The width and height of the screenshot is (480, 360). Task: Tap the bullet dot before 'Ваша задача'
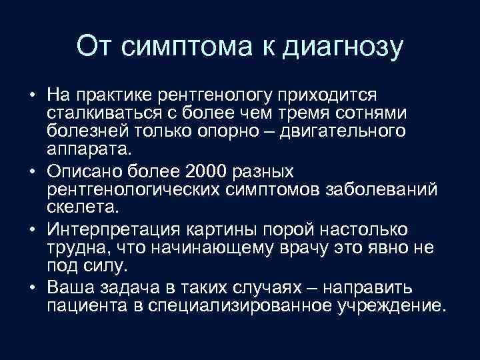click(32, 287)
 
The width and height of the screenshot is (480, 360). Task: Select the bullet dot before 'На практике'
click(32, 94)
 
